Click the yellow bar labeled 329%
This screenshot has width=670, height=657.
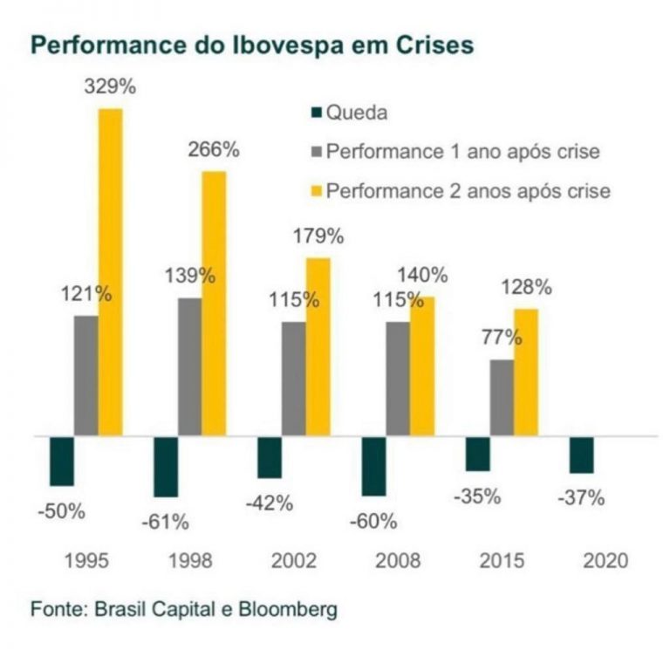[110, 271]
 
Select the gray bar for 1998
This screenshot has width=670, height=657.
[189, 366]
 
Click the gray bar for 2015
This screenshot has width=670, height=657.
[502, 396]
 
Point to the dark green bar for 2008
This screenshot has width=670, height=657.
[373, 464]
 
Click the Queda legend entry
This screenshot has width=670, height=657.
[349, 113]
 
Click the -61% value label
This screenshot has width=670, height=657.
[165, 522]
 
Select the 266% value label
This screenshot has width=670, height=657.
[214, 149]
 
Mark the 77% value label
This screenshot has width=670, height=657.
[501, 338]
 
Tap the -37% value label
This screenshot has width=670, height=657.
[581, 498]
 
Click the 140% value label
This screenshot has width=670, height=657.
[423, 275]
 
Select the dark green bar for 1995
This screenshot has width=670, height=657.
[62, 460]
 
